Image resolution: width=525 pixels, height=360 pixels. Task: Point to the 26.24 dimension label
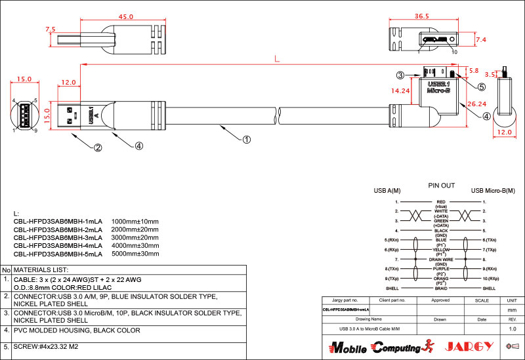point(476,104)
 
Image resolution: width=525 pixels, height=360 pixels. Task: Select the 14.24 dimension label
point(401,91)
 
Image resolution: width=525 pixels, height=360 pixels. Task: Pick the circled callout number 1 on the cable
point(247,139)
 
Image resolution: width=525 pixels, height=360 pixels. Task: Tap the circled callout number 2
point(98,148)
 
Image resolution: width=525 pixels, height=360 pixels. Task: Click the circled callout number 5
point(481,87)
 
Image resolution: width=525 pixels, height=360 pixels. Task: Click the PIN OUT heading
point(441,186)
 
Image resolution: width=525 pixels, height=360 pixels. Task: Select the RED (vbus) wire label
point(441,204)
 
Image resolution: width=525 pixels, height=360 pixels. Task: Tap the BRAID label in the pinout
point(441,288)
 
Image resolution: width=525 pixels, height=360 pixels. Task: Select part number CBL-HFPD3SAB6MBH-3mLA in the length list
point(58,237)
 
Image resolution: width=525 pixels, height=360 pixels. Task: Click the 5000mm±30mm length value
point(136,254)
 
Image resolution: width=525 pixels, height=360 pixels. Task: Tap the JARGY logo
point(467,346)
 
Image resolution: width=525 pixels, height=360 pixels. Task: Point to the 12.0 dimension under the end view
point(503,132)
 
